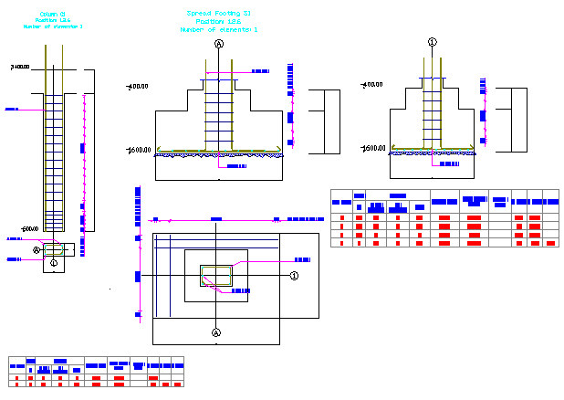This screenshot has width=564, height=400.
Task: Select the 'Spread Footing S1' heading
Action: tap(218, 15)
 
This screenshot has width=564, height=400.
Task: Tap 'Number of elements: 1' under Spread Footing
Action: tap(218, 30)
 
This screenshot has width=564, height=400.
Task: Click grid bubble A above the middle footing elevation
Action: tap(219, 43)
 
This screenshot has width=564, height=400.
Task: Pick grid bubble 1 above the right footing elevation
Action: tap(432, 42)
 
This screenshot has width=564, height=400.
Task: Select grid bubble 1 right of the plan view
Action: tap(294, 275)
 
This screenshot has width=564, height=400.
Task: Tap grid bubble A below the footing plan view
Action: tap(216, 332)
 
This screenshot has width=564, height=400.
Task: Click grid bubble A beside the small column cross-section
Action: tap(37, 249)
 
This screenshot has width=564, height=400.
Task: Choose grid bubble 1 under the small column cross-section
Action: tap(54, 263)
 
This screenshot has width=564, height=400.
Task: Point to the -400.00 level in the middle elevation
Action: tap(138, 87)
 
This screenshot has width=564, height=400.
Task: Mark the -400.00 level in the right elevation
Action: tap(371, 85)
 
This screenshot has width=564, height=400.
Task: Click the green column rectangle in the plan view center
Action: tap(216, 274)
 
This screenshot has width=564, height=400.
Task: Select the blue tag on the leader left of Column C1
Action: tap(12, 110)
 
